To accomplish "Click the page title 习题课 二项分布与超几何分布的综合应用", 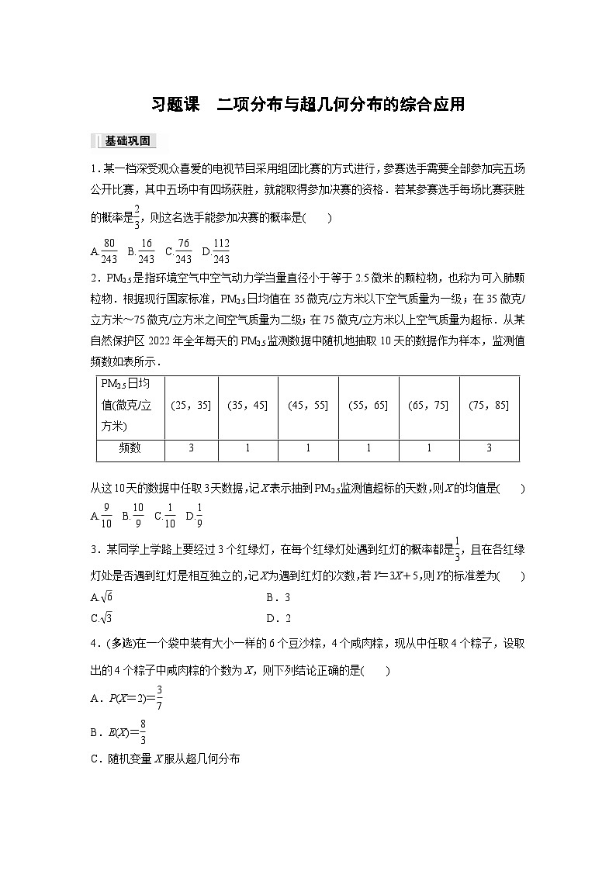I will (308, 104).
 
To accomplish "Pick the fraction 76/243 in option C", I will (183, 251).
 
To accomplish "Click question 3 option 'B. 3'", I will (278, 597).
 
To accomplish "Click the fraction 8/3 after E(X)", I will (144, 732).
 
